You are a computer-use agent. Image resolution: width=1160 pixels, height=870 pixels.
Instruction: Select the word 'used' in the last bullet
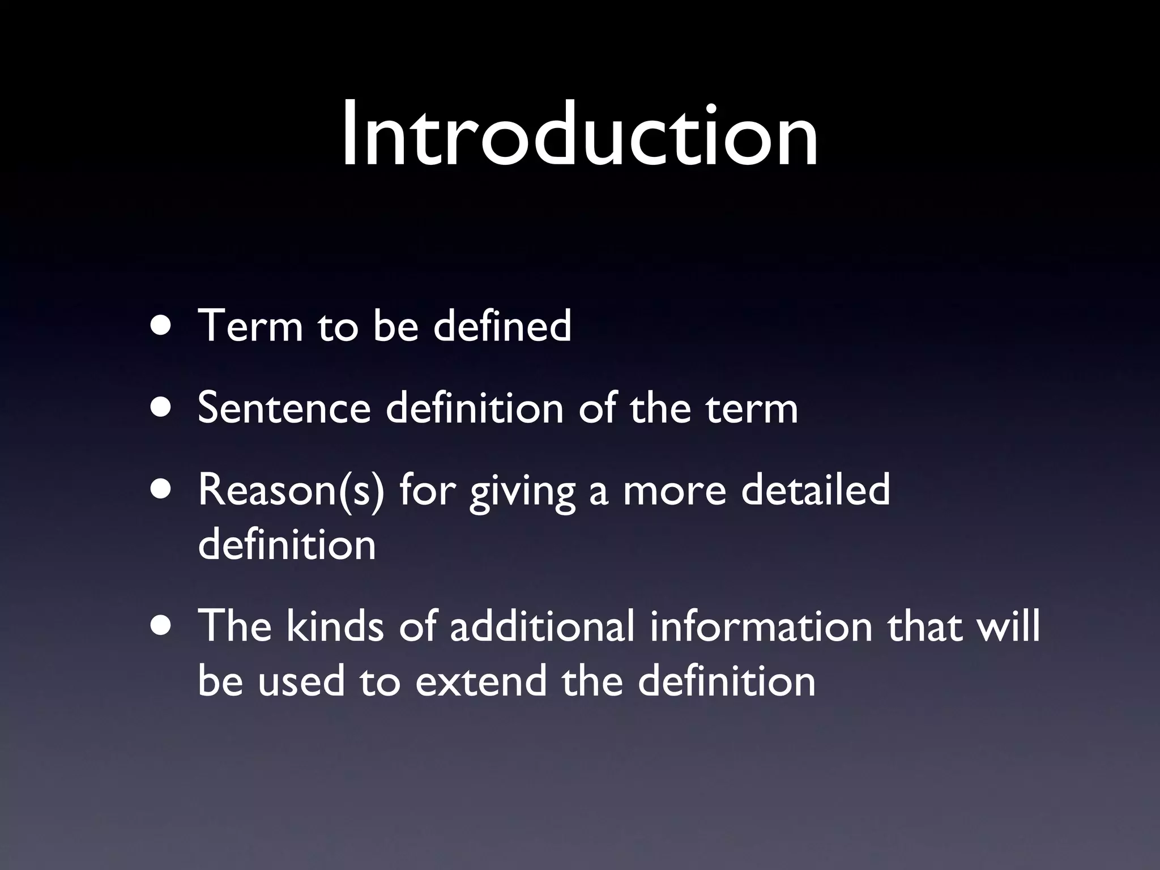pyautogui.click(x=301, y=681)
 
